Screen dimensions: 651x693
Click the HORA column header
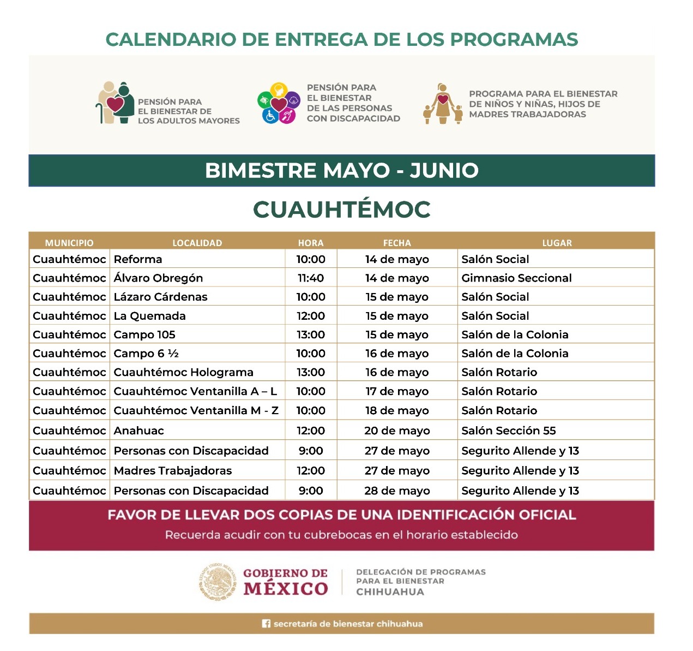tap(311, 243)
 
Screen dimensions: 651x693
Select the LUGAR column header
tap(557, 243)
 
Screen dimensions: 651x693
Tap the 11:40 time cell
tap(311, 278)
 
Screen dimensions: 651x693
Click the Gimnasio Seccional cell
tap(516, 278)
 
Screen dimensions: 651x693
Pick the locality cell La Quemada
tap(149, 316)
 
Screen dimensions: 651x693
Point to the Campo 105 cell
tap(144, 335)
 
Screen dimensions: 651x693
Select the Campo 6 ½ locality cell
tap(146, 354)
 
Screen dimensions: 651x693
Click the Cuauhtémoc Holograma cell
tap(183, 373)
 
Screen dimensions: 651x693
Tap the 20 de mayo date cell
tap(397, 431)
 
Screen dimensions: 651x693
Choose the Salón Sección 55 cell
tap(508, 431)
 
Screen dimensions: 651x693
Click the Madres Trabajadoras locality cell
tap(172, 471)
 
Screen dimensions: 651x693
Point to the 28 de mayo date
tap(397, 491)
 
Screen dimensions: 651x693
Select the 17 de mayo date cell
tap(397, 392)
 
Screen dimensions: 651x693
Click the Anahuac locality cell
tap(138, 431)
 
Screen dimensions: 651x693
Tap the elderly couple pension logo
tap(115, 103)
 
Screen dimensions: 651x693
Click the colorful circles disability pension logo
tap(279, 103)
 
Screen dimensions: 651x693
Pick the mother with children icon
tap(443, 104)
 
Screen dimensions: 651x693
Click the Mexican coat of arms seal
tap(218, 582)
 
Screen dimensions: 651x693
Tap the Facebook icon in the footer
tap(266, 624)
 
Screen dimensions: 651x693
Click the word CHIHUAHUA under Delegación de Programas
tap(390, 592)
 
